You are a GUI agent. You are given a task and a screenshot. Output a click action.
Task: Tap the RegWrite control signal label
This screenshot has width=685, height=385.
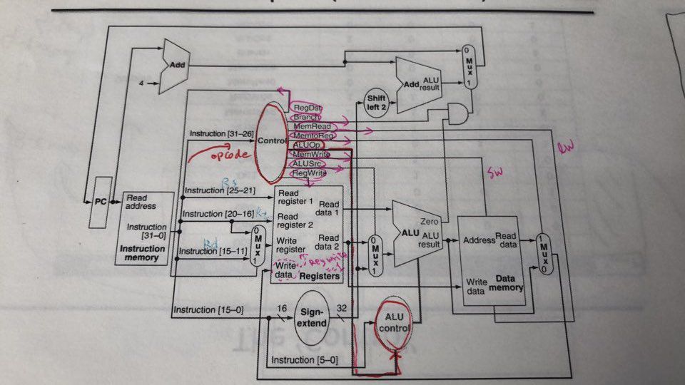(310, 173)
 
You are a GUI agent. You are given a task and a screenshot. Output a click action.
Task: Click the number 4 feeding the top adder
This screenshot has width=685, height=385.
(141, 83)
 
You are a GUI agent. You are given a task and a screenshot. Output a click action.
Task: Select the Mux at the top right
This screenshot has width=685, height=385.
(468, 67)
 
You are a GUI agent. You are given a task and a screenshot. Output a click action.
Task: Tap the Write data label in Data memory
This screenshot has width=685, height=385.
(475, 286)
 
